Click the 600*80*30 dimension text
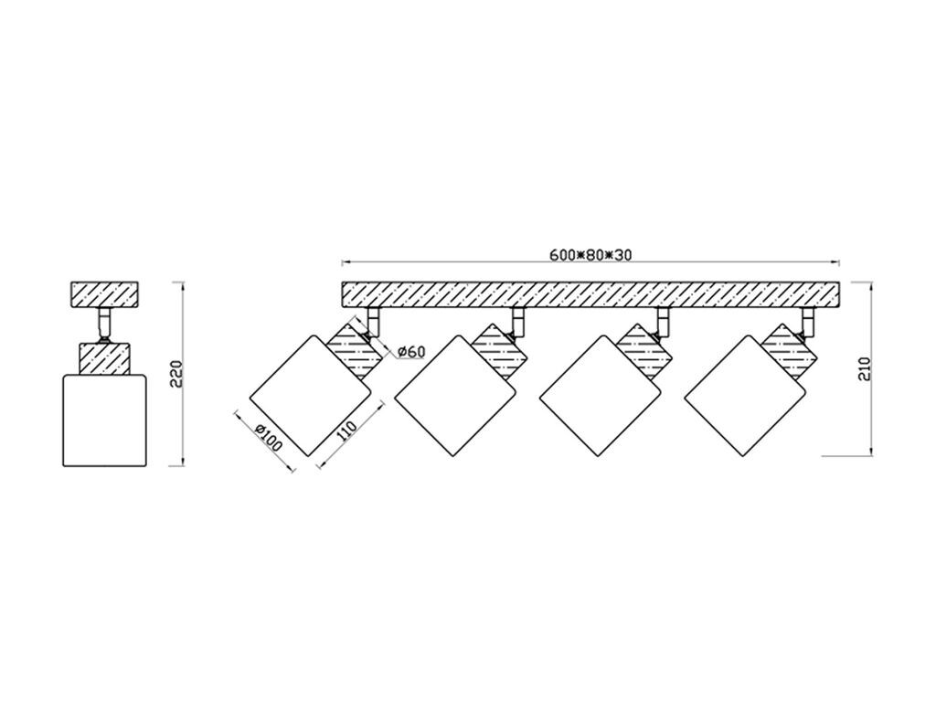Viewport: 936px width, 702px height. point(590,255)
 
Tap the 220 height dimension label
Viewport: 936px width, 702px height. point(176,374)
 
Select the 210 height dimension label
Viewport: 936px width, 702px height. point(866,368)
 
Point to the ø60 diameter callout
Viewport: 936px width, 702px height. point(411,352)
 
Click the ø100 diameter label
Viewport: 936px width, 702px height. point(268,438)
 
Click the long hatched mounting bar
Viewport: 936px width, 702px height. point(590,295)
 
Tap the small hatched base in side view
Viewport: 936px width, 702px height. point(105,295)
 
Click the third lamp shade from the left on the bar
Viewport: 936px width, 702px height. point(601,396)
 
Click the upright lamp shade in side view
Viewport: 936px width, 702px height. point(105,420)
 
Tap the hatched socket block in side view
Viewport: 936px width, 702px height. point(105,357)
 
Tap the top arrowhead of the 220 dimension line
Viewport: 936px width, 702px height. point(183,286)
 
